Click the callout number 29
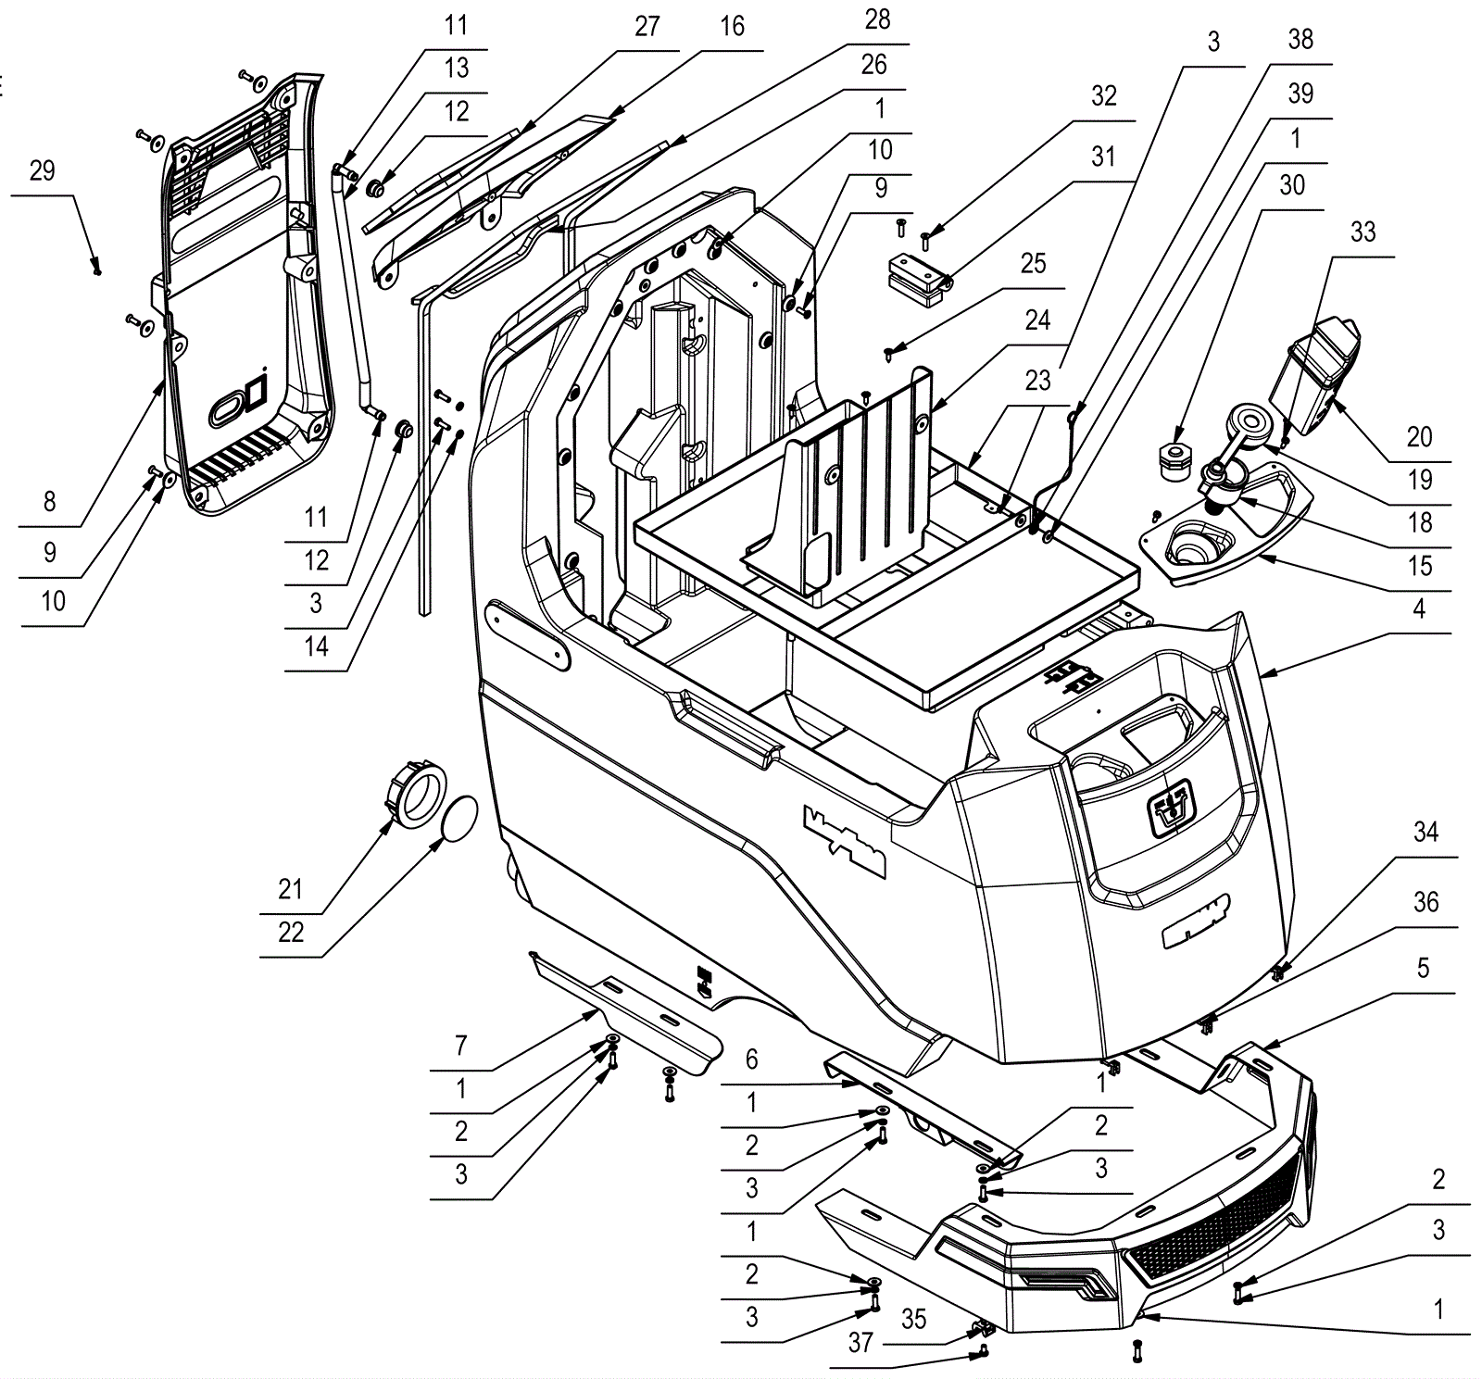[43, 171]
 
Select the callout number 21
[291, 889]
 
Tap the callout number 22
[291, 932]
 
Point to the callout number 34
[1425, 832]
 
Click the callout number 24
[1037, 320]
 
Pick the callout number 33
[1363, 232]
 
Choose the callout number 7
[461, 1047]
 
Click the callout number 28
[877, 19]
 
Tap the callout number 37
[860, 1341]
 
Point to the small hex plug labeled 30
[1174, 458]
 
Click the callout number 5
[1424, 968]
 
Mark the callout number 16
[732, 26]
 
